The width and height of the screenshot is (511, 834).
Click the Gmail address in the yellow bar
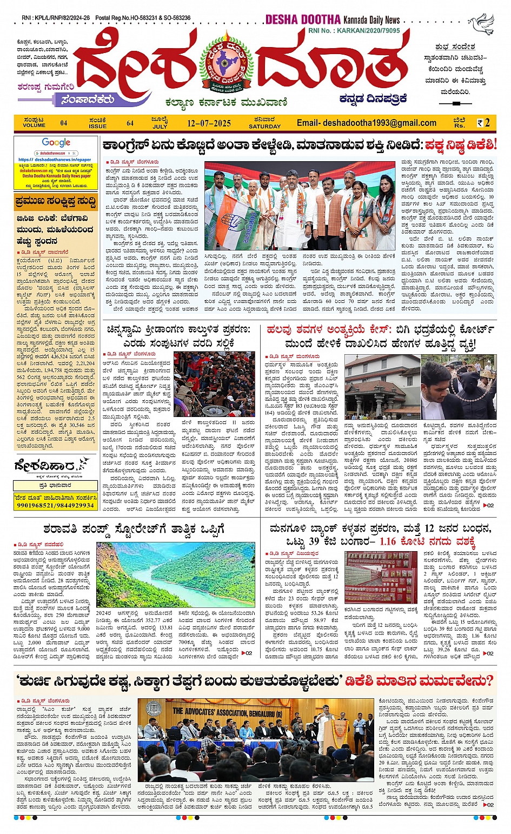[366, 123]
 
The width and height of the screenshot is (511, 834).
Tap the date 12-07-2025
[209, 123]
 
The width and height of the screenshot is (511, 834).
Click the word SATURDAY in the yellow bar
[264, 127]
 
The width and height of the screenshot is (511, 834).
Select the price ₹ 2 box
[483, 123]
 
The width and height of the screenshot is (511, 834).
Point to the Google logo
[56, 143]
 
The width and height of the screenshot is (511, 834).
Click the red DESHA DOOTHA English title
[303, 20]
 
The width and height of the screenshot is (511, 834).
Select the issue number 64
[130, 123]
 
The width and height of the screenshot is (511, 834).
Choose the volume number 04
[64, 123]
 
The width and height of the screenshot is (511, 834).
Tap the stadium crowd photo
[214, 384]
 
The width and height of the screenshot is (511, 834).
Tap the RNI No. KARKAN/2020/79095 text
[354, 31]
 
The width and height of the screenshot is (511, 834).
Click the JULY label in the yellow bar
[160, 127]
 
